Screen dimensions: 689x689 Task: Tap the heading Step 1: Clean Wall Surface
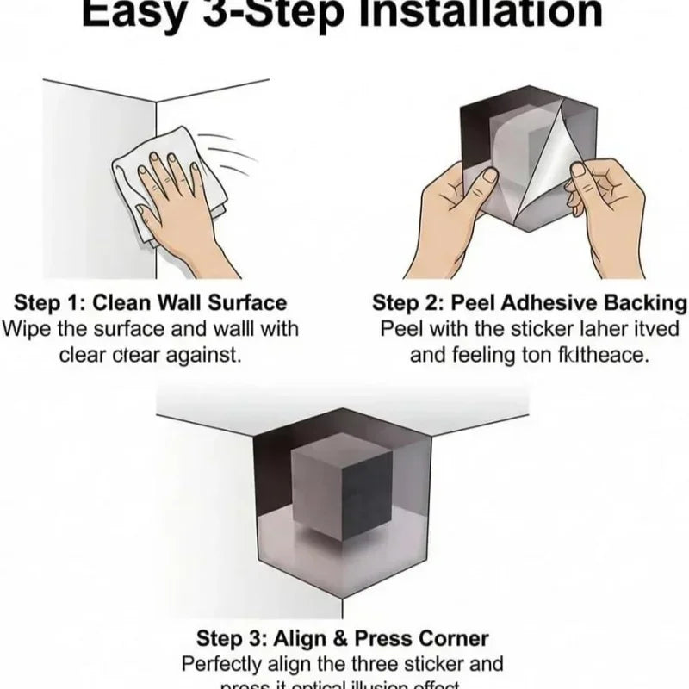point(150,302)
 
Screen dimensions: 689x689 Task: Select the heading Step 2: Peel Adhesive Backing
point(530,302)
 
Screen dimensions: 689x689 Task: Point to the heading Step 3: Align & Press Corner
point(343,638)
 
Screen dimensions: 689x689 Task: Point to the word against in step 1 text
point(204,354)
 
